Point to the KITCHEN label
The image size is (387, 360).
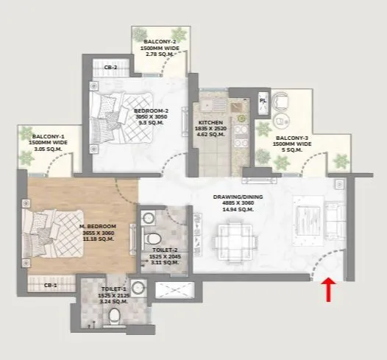point(210,124)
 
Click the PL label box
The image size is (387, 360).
point(263,99)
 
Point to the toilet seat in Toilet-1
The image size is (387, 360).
point(114,314)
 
